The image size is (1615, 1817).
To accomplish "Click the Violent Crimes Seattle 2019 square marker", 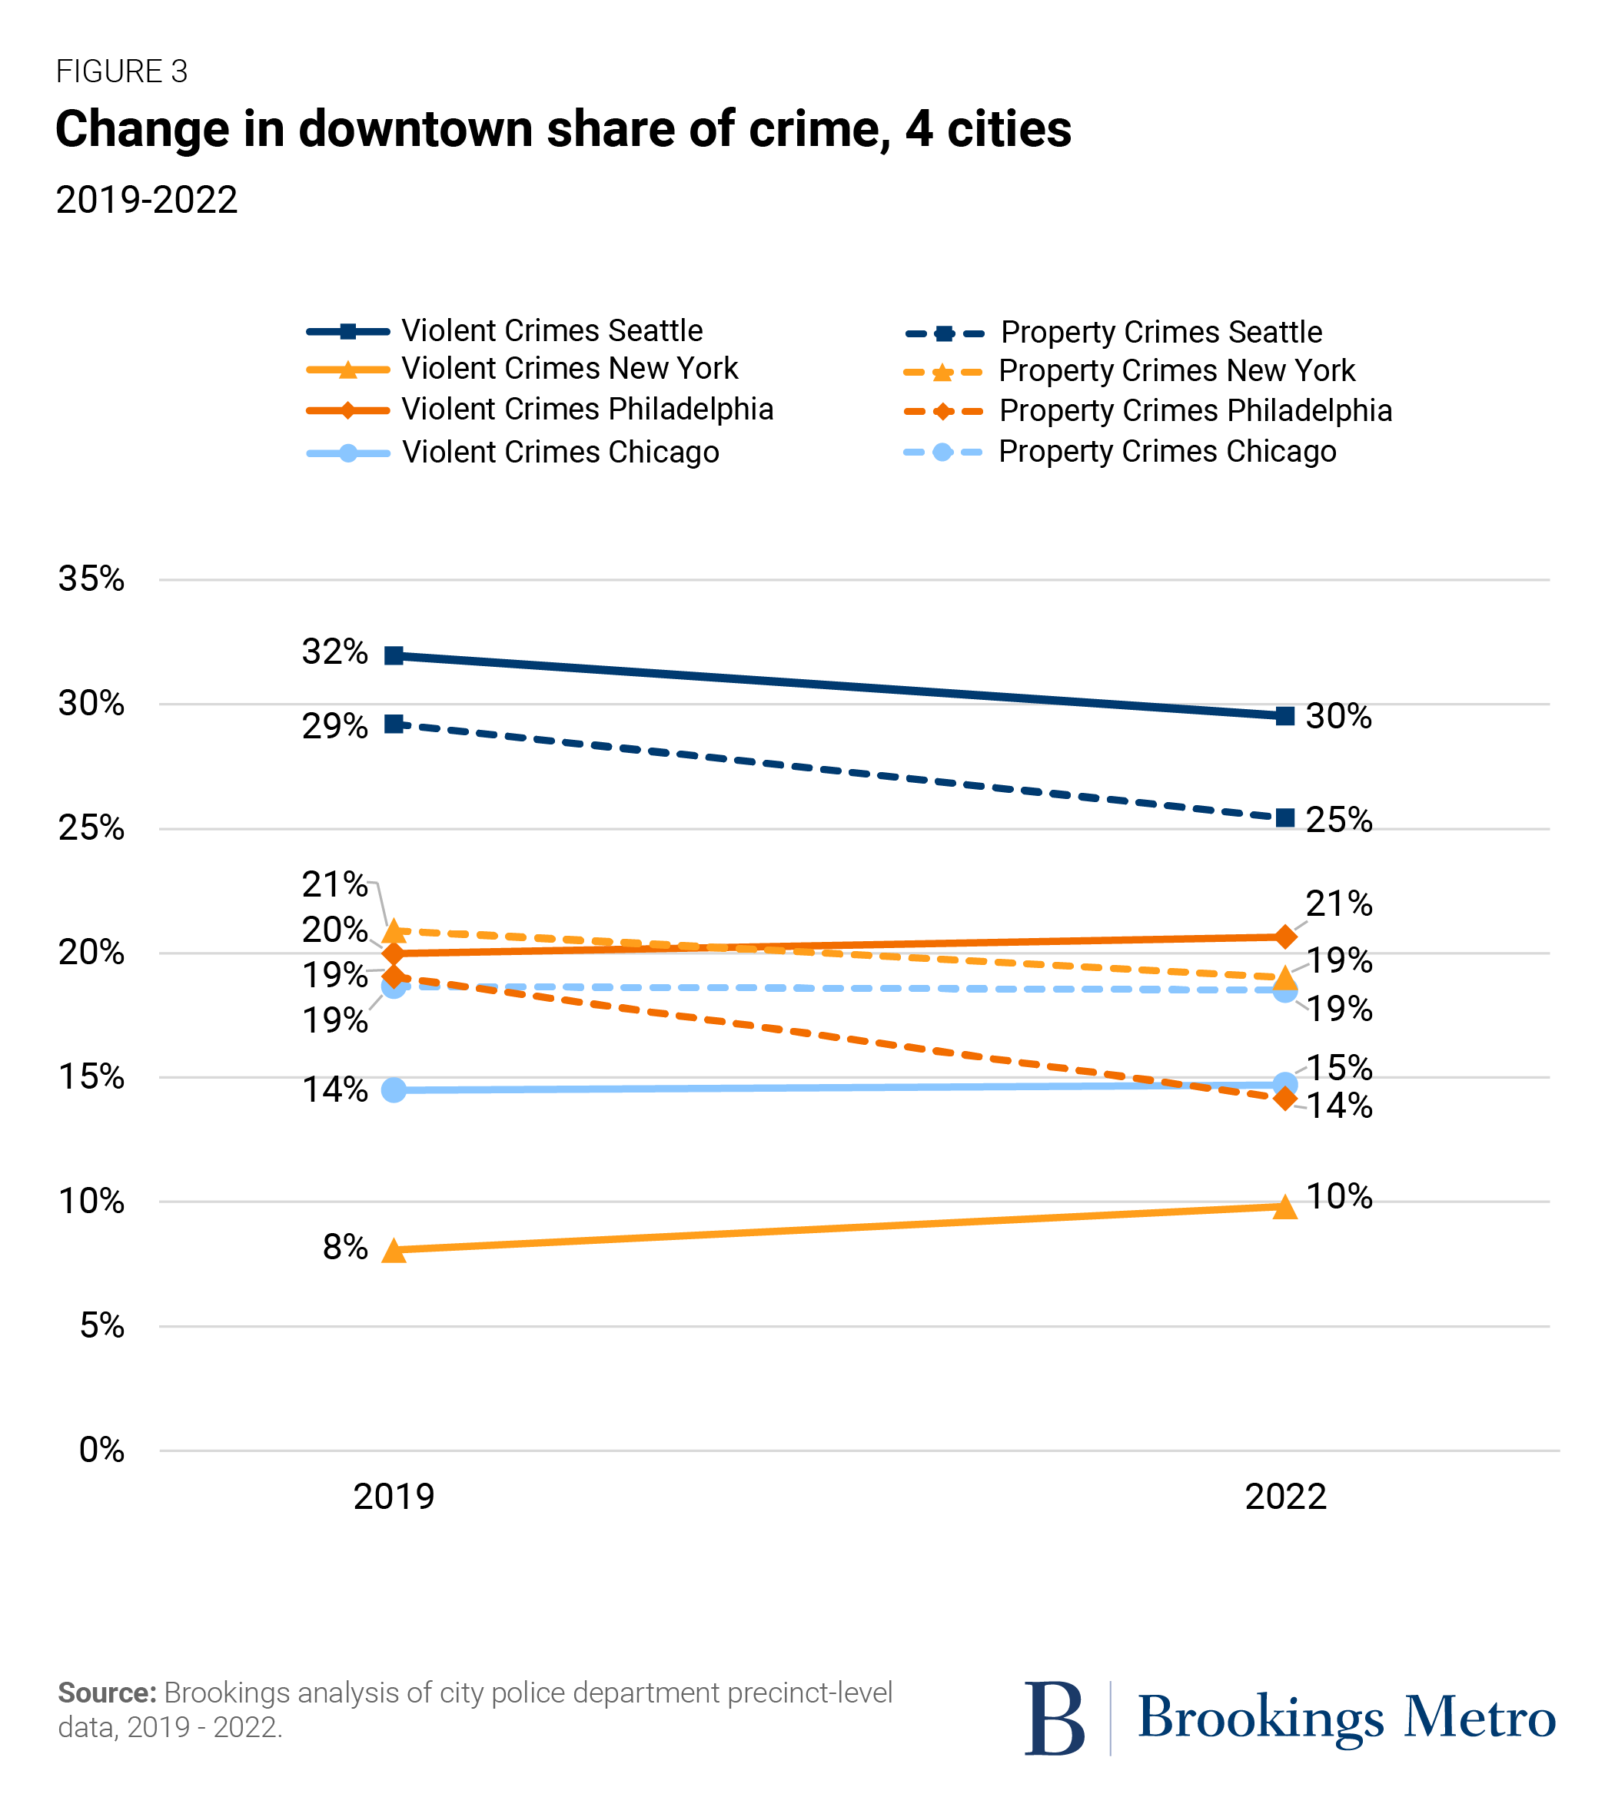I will tap(394, 656).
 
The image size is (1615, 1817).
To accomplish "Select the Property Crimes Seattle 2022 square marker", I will tap(1285, 817).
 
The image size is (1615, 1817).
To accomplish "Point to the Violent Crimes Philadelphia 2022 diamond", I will tap(1285, 937).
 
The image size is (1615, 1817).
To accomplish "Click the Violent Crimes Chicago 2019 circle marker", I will tap(394, 1090).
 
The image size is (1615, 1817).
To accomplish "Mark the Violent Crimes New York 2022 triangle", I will tap(1285, 1207).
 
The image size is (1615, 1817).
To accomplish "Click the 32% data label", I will tap(334, 652).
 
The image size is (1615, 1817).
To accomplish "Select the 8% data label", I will tap(345, 1247).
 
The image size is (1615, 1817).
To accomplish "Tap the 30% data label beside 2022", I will tap(1338, 717).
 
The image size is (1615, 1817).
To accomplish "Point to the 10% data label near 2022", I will tap(1338, 1196).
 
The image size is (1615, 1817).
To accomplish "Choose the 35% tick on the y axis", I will tap(91, 579).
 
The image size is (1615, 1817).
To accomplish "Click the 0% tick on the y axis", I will tap(101, 1450).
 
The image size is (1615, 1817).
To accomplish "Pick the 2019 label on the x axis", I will tap(394, 1497).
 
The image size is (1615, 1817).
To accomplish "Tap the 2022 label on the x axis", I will tap(1285, 1497).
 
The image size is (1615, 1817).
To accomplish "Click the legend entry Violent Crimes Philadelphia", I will tap(587, 409).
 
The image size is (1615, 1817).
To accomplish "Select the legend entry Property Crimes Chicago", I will tap(1167, 452).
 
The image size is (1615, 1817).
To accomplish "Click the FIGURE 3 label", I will tap(122, 72).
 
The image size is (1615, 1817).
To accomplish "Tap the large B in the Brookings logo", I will tap(1055, 1719).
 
